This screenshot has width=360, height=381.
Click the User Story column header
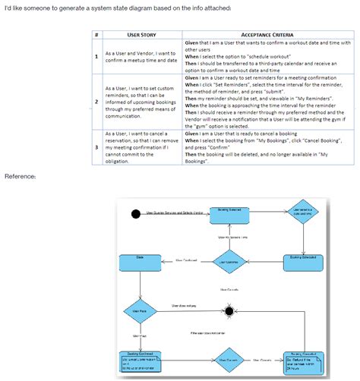point(142,35)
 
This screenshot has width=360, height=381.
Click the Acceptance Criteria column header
point(268,35)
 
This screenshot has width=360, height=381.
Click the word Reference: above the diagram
point(20,176)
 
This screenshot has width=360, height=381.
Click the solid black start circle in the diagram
point(137,213)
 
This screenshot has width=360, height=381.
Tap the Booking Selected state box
point(229,214)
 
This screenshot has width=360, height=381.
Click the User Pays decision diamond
point(140,310)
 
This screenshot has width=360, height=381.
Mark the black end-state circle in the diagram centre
point(227,310)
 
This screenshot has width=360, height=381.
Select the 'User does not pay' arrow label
point(185,306)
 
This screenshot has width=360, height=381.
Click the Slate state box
point(140,263)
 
